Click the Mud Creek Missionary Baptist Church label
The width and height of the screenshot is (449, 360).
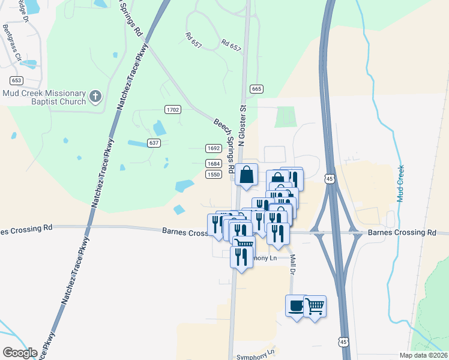pyautogui.click(x=44, y=97)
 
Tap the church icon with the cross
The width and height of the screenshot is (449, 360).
pyautogui.click(x=95, y=96)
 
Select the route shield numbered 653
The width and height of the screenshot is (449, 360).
pyautogui.click(x=16, y=80)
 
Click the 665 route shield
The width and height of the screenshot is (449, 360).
pyautogui.click(x=257, y=89)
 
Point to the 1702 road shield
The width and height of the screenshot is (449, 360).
pyautogui.click(x=172, y=109)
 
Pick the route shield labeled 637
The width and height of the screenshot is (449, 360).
pyautogui.click(x=154, y=143)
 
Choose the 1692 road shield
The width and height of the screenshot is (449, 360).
pyautogui.click(x=214, y=148)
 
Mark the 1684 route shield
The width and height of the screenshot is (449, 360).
pyautogui.click(x=214, y=163)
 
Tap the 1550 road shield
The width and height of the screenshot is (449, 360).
pyautogui.click(x=214, y=174)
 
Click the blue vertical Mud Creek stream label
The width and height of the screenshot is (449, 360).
pyautogui.click(x=400, y=183)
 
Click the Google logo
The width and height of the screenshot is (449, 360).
pyautogui.click(x=20, y=353)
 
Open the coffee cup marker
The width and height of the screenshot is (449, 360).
pyautogui.click(x=296, y=306)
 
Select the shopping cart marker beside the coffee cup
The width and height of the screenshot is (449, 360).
pyautogui.click(x=315, y=306)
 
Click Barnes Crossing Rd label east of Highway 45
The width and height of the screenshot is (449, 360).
pyautogui.click(x=402, y=232)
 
